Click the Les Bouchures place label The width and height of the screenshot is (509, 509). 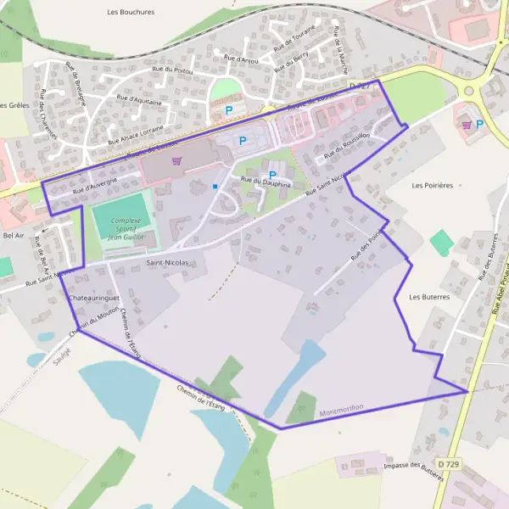pyautogui.click(x=131, y=13)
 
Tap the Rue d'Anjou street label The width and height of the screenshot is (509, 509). pyautogui.click(x=241, y=59)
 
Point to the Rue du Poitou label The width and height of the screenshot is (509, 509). pyautogui.click(x=172, y=70)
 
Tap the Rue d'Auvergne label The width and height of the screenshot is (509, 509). pyautogui.click(x=93, y=187)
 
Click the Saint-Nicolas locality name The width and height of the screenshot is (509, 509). pyautogui.click(x=167, y=263)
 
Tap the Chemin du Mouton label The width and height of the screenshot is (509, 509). pyautogui.click(x=91, y=323)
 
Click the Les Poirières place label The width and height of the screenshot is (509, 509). pyautogui.click(x=433, y=184)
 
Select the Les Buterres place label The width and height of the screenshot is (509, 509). pyautogui.click(x=428, y=297)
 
